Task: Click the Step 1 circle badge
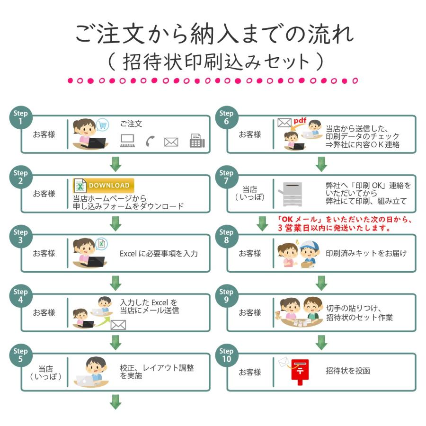click(x=20, y=117)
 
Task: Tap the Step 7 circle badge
click(x=226, y=177)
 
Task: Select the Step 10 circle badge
click(x=226, y=355)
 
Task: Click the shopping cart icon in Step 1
click(x=102, y=125)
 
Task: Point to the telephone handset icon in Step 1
click(x=151, y=141)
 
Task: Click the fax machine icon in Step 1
click(x=197, y=141)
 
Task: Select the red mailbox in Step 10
click(x=299, y=371)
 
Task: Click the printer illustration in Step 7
click(x=292, y=194)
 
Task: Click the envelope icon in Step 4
click(x=118, y=325)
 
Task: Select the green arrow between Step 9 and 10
click(x=321, y=341)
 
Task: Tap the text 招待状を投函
click(x=348, y=371)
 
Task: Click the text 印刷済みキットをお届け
click(x=366, y=253)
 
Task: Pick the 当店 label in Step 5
click(x=46, y=369)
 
